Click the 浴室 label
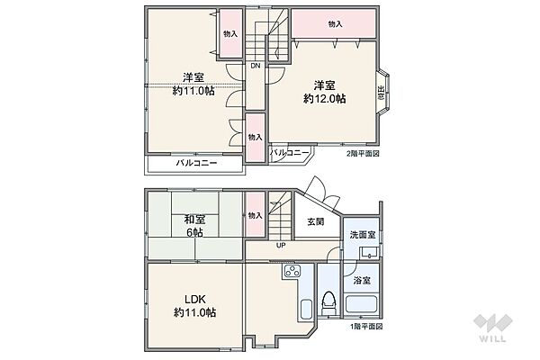click(x=364, y=280)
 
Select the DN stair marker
click(x=256, y=66)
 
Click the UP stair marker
click(x=280, y=245)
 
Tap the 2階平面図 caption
click(x=364, y=154)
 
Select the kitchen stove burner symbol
click(x=292, y=273)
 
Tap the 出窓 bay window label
click(x=381, y=93)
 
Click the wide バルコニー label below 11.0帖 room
click(x=195, y=163)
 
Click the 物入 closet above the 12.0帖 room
click(x=335, y=24)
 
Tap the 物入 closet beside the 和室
click(x=254, y=216)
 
